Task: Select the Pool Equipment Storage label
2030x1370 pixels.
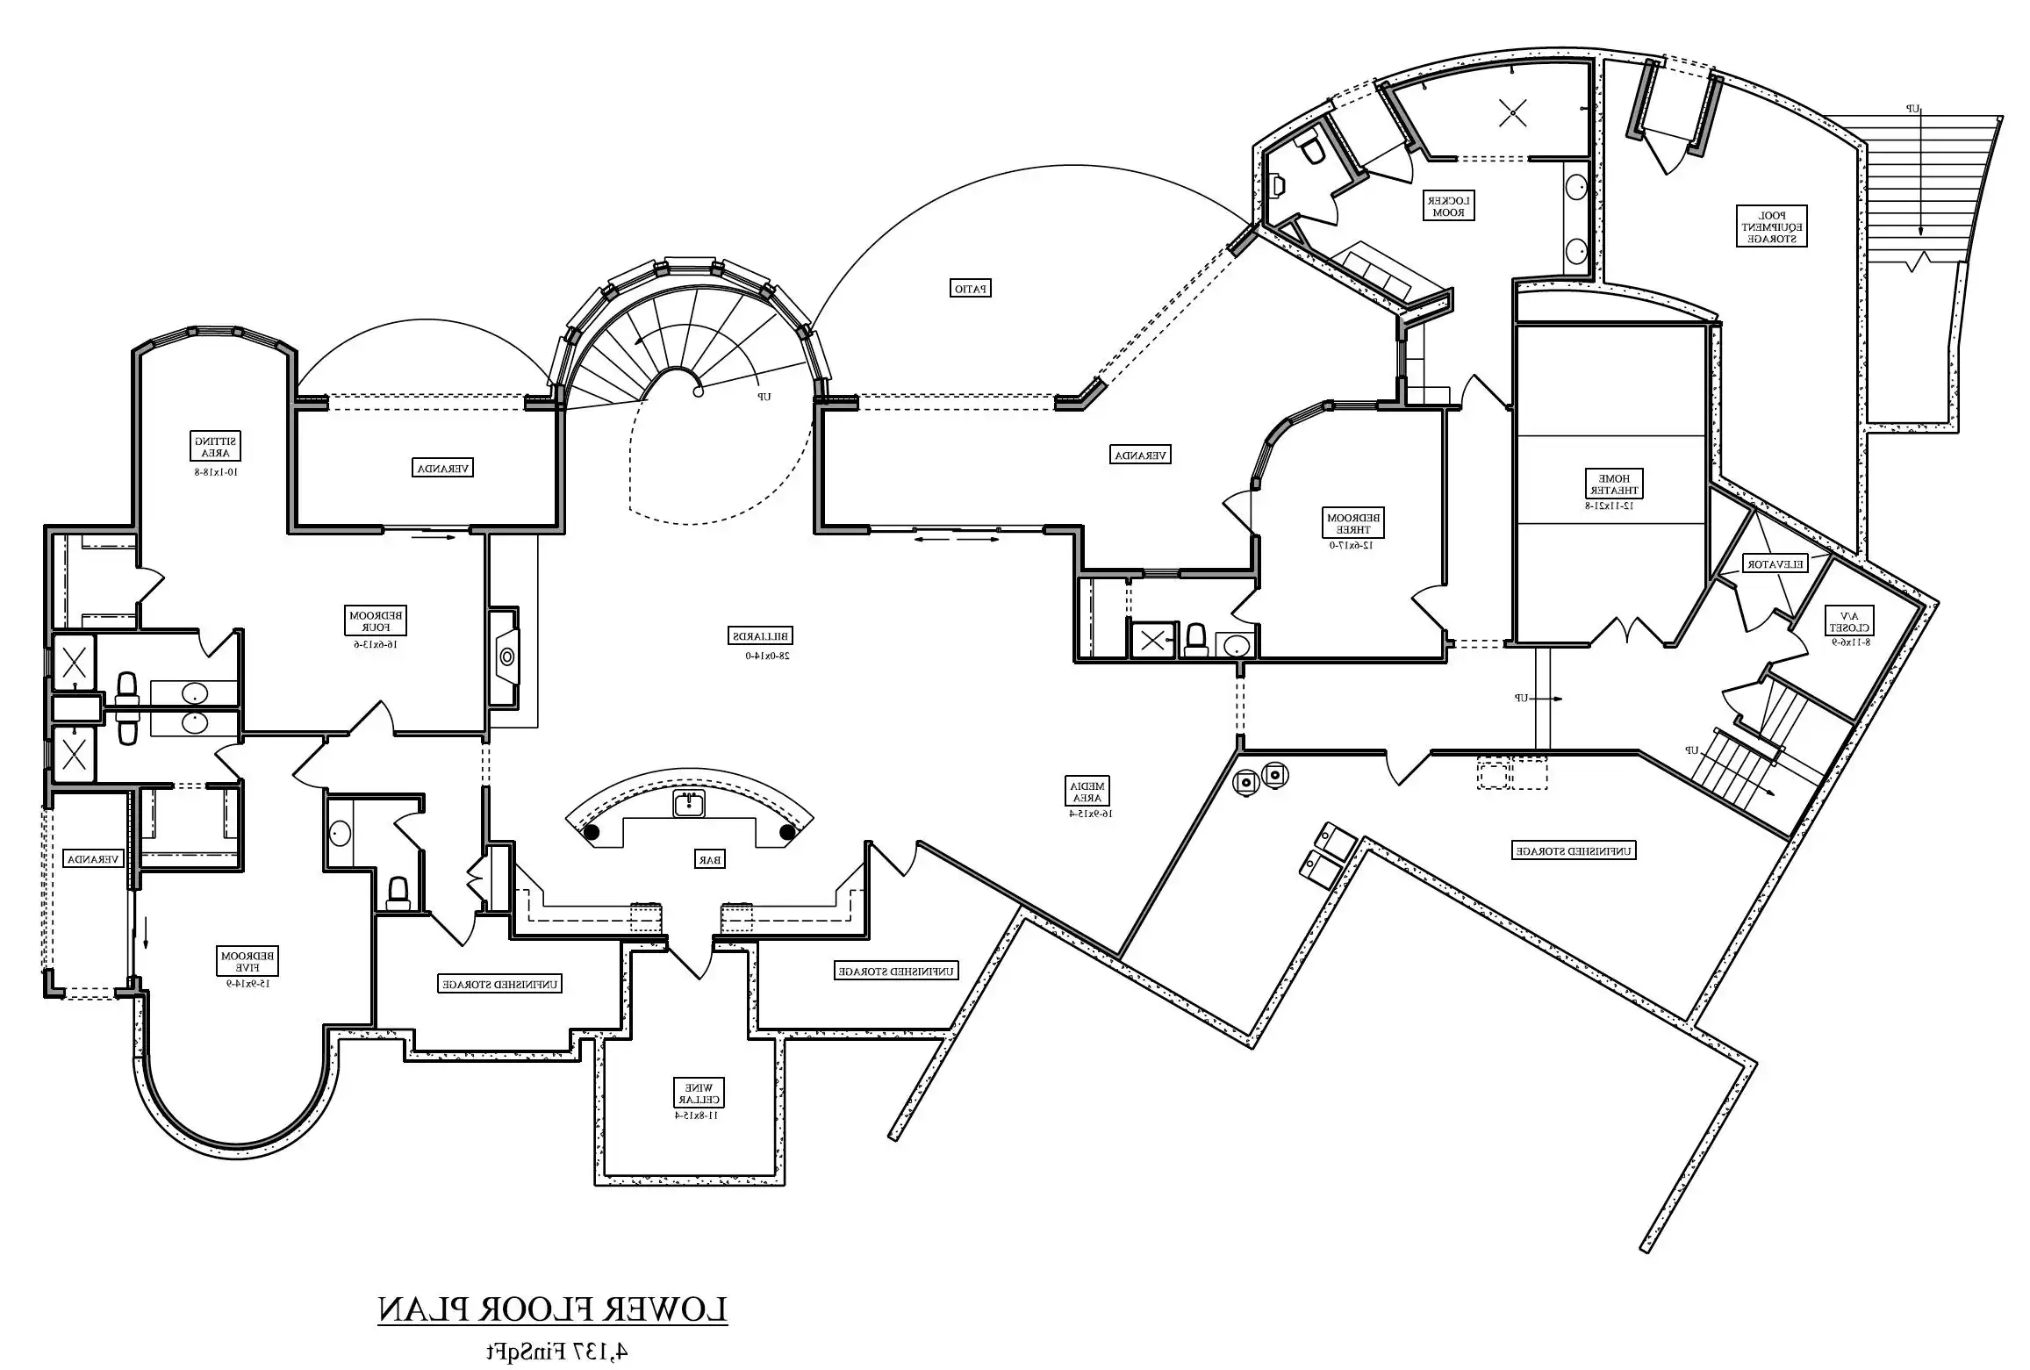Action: (x=1771, y=226)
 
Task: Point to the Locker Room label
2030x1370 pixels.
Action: (x=1448, y=205)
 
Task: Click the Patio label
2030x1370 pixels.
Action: (x=971, y=288)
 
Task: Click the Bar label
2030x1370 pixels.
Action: (x=711, y=860)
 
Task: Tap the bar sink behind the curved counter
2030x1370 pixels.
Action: (x=690, y=803)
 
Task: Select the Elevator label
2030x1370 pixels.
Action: (x=1775, y=564)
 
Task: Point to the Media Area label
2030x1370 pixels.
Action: (x=1087, y=792)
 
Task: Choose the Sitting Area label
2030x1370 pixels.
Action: (x=216, y=447)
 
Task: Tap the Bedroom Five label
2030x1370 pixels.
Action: (x=248, y=962)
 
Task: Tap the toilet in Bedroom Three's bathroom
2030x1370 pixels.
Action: (x=1195, y=641)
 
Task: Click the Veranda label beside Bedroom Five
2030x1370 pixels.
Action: (x=94, y=859)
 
